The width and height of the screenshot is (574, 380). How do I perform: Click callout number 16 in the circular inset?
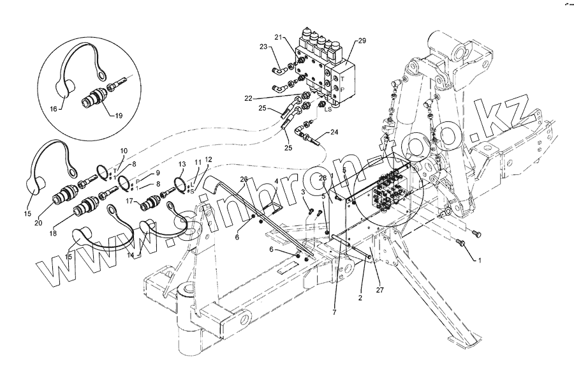tap(54, 109)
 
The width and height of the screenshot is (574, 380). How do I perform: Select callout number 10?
tap(124, 151)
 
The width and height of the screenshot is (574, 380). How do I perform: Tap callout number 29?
tap(362, 41)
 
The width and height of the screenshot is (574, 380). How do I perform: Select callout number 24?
tap(335, 133)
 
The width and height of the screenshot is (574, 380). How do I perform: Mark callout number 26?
tap(243, 179)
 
